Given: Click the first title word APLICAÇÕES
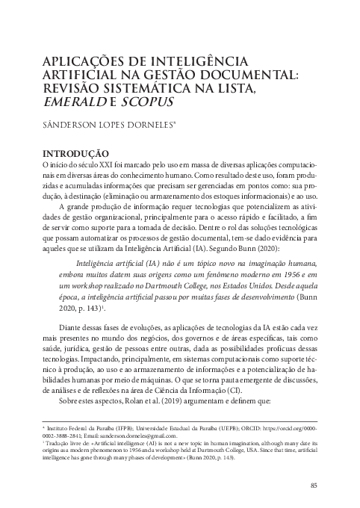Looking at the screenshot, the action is coord(76,60).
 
